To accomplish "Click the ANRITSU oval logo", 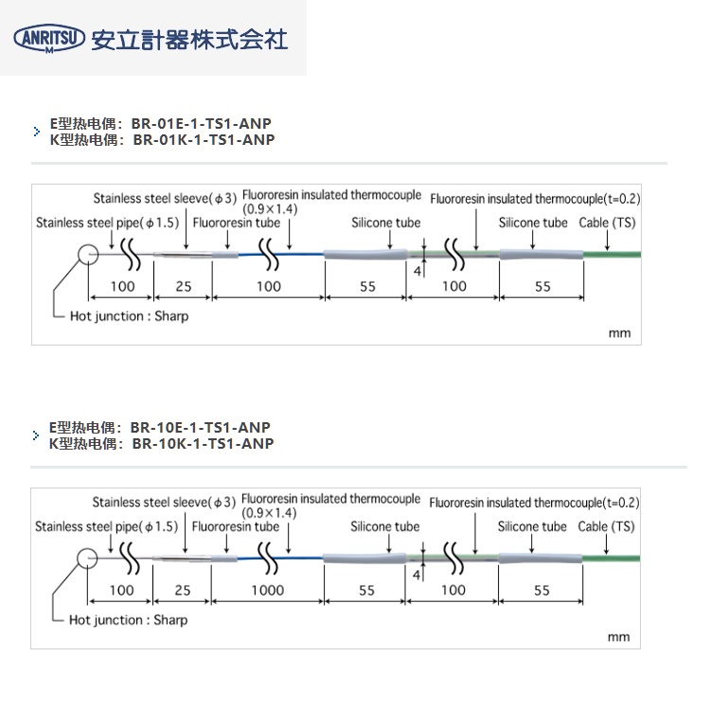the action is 49,38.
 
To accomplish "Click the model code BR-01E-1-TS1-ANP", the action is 201,124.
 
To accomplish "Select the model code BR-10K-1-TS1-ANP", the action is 203,444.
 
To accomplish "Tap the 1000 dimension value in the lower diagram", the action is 268,590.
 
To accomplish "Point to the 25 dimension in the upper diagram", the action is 184,286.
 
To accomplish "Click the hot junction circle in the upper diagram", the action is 88,255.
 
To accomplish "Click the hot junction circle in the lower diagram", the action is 87,559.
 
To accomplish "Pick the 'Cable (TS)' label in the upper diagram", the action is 607,222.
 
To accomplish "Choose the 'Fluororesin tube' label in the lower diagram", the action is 236,526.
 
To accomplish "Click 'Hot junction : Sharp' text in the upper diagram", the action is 129,316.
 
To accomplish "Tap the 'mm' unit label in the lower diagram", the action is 618,637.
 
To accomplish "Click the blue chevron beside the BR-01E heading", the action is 37,132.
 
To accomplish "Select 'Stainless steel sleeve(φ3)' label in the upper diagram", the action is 165,199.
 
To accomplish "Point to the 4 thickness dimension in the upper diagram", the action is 417,272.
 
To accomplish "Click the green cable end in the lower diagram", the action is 611,559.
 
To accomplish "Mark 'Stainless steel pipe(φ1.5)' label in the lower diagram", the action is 106,526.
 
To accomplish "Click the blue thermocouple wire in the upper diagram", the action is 281,255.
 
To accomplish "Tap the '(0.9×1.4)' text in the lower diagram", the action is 269,513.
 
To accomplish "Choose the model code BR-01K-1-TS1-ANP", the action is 204,140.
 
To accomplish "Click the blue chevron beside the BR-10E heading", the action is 36,435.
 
